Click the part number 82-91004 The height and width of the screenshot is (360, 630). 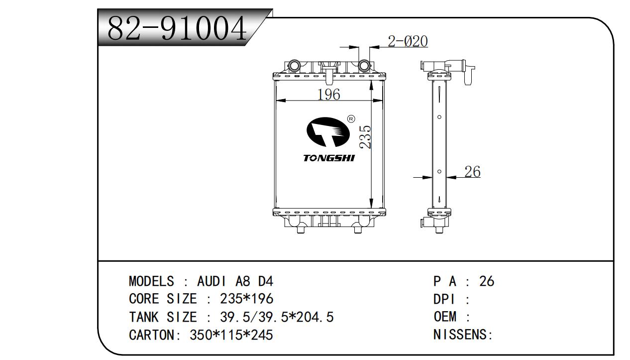(177, 28)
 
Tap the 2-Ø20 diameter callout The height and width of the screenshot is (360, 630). (408, 41)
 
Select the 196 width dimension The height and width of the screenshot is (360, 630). (328, 94)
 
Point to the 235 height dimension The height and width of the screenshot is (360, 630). (365, 136)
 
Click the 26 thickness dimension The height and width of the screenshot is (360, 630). (472, 172)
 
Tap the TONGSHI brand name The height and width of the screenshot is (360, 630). (329, 158)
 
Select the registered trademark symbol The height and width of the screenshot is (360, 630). (350, 119)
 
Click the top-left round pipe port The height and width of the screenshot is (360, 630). (294, 65)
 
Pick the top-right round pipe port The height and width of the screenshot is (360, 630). (364, 65)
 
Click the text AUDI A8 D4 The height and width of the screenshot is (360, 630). (235, 281)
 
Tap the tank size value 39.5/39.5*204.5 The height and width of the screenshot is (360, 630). (277, 317)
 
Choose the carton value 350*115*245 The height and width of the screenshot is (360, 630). (231, 335)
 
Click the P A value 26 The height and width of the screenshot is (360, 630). (487, 281)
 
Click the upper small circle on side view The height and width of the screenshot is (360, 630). (439, 118)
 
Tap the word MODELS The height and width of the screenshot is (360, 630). (151, 281)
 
